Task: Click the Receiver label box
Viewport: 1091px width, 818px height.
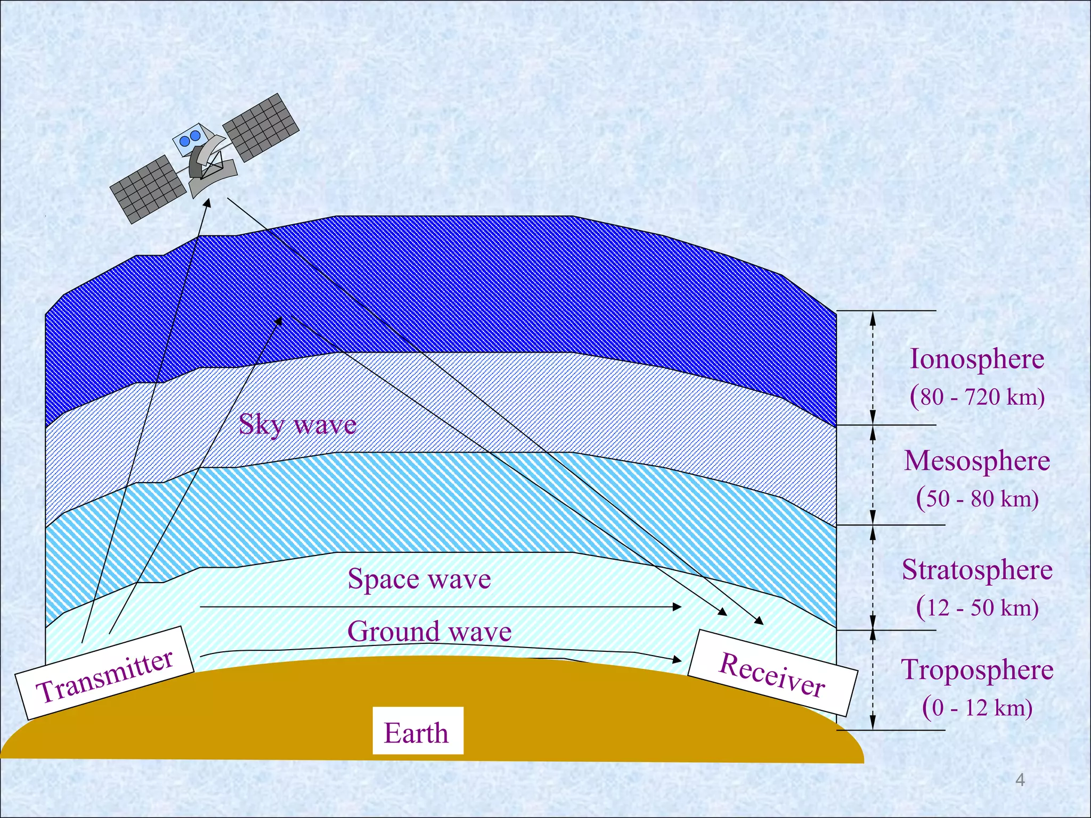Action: point(772,673)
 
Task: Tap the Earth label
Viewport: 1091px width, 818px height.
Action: point(417,732)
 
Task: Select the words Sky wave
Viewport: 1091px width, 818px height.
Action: point(297,424)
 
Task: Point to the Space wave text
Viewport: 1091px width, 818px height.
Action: point(419,579)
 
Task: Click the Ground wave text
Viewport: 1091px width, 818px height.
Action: point(429,632)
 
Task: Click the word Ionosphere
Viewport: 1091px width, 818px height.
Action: point(976,358)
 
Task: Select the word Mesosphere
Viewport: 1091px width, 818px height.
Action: point(977,461)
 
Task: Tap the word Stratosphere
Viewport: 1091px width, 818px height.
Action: point(977,570)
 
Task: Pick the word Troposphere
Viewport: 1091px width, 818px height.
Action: point(977,669)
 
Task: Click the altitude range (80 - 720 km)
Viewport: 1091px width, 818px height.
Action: point(977,397)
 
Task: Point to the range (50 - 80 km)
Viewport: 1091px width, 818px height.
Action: point(977,498)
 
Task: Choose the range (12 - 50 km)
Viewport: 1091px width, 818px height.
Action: point(977,608)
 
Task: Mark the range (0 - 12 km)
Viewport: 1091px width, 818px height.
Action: point(977,708)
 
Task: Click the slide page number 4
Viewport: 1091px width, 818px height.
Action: point(1020,780)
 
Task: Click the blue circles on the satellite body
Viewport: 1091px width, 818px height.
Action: point(190,138)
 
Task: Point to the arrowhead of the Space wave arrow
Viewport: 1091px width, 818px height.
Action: point(678,607)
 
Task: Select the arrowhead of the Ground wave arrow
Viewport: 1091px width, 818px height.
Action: point(678,660)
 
